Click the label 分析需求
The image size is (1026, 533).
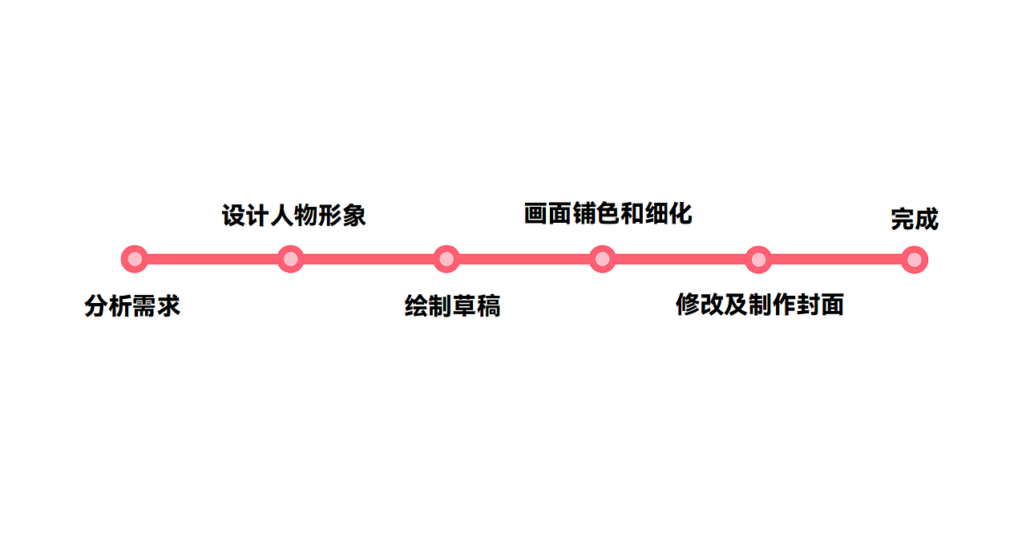tap(132, 306)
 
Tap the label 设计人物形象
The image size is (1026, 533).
tap(294, 216)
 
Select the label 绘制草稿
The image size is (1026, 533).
tap(453, 306)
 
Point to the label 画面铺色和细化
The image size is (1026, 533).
tap(608, 213)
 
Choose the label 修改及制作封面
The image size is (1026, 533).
tap(760, 305)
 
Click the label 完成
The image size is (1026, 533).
tap(915, 219)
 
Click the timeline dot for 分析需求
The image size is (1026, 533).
tap(134, 259)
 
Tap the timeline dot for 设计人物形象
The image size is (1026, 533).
tap(290, 259)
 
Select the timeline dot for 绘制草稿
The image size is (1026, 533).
tap(446, 259)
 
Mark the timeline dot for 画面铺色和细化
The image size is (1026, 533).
tap(602, 259)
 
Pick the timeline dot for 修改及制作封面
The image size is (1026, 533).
tap(758, 260)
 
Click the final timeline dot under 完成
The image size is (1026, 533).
tap(915, 260)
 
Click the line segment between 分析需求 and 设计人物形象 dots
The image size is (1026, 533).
tap(212, 259)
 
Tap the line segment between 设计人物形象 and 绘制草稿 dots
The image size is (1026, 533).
tap(369, 259)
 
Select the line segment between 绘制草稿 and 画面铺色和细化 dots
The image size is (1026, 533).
tap(524, 259)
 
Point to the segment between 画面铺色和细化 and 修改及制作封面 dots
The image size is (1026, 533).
tap(681, 260)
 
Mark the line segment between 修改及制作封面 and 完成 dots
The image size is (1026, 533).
tap(837, 260)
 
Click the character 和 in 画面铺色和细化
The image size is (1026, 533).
tap(632, 213)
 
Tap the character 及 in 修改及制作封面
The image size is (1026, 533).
tap(736, 305)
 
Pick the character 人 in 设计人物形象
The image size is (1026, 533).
tap(281, 216)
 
